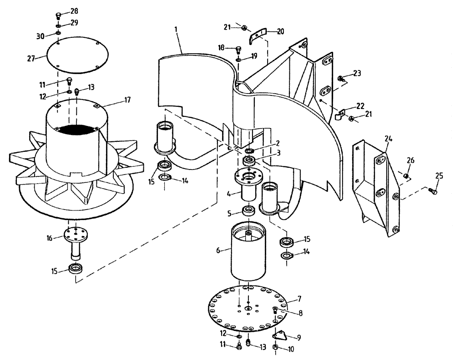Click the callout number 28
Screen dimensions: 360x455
pos(74,10)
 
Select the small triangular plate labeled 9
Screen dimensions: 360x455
pos(280,335)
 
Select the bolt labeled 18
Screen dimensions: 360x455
pos(239,49)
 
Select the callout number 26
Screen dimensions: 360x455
pos(411,160)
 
